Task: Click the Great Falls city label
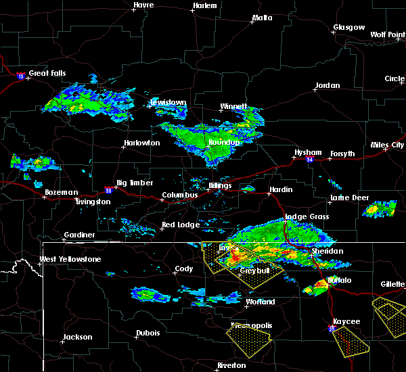coord(48,73)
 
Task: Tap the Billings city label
coord(220,185)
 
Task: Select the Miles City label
coord(388,145)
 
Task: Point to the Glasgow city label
coord(348,28)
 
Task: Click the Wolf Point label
coord(387,34)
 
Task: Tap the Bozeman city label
coord(61,192)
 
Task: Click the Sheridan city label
coord(327,251)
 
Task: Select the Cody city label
coord(183,269)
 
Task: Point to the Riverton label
coord(231,365)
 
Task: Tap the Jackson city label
coord(76,337)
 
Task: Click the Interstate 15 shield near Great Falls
coord(22,74)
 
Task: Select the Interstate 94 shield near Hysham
coord(309,160)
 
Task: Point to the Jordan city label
coord(327,86)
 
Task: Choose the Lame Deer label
coord(349,197)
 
